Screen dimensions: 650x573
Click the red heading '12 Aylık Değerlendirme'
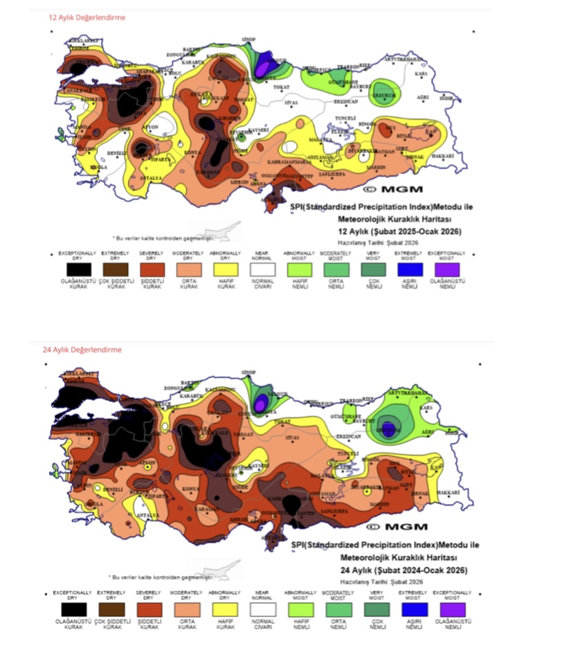87,17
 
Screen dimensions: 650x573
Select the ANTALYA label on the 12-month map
152,178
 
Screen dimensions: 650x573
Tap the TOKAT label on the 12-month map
281,87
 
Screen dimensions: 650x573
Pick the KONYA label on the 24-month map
190,489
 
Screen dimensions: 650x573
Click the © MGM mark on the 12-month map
392,188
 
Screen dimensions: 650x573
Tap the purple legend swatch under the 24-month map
452,609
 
